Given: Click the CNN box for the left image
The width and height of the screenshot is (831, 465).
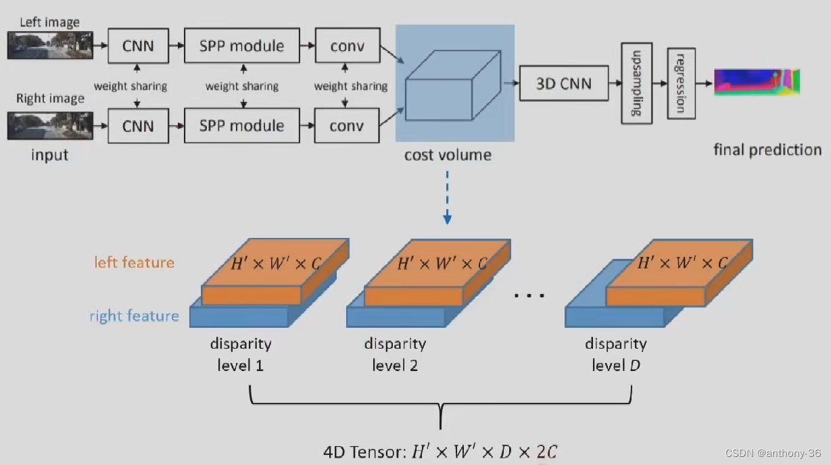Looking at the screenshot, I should pos(138,46).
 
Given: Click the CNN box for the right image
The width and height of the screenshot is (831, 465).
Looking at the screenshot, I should pos(138,126).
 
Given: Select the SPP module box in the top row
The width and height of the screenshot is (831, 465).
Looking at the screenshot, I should pos(241,46).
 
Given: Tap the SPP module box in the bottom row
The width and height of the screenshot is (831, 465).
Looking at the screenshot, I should pos(241,126).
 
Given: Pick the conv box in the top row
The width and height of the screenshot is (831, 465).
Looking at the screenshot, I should pos(347,46).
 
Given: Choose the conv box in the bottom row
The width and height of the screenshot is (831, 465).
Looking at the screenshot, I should pos(347,126).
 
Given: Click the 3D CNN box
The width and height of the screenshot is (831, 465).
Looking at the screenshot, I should pos(563,84).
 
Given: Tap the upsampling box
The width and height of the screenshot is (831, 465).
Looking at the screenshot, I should pos(636,82).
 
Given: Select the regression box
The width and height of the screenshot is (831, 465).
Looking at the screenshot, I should pos(681,83).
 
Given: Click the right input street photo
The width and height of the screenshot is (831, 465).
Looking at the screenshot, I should pos(50,126).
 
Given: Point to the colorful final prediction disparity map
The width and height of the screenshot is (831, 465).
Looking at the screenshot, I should pos(757,82).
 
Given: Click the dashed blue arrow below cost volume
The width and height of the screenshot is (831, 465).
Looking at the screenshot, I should pos(447,196).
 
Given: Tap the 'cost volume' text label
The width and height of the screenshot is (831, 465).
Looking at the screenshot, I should pos(448,155).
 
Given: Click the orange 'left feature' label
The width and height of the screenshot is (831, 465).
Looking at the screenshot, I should pos(134,262).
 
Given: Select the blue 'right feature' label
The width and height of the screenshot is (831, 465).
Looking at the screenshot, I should pos(134,316).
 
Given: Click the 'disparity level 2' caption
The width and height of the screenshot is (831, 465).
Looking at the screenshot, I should pos(395,354).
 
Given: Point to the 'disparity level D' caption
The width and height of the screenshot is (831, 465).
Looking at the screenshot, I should pos(616,354).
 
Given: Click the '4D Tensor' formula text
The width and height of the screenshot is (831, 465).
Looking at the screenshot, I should pos(440,451).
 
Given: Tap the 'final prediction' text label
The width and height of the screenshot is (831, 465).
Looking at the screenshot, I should pos(767,149).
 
